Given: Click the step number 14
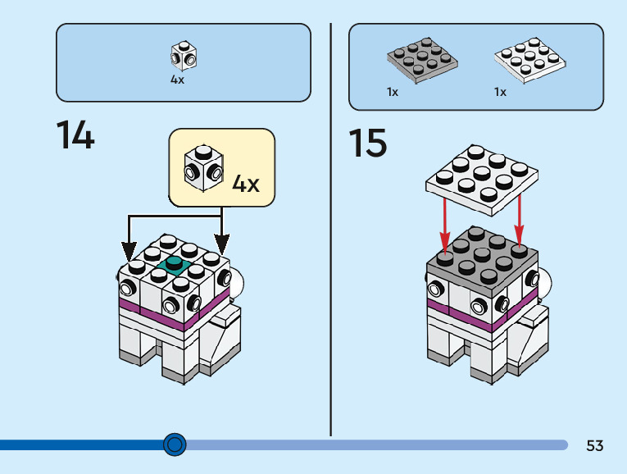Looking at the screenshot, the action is tap(75, 134).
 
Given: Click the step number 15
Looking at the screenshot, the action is tap(368, 143).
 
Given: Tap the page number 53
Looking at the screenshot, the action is tap(594, 445).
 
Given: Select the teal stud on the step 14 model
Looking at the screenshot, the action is tap(174, 265).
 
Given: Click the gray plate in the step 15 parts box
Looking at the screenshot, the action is tap(422, 61).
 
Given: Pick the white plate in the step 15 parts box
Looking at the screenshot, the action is tap(529, 61).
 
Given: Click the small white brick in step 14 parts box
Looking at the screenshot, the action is tap(184, 56).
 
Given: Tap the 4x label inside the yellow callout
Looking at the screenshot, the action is tap(246, 184).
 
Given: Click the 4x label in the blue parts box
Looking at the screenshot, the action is tap(177, 80).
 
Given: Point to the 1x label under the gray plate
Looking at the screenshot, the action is tap(393, 93).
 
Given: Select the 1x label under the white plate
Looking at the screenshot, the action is tap(500, 93).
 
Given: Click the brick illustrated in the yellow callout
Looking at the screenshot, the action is tap(203, 168).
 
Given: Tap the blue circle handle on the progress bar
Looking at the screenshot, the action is tap(175, 444).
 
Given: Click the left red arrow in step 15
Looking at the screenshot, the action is tap(445, 223).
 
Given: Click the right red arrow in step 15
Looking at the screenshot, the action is tap(519, 220).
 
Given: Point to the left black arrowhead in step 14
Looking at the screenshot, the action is tap(129, 252).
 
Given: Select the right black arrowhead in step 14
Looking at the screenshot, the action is tap(222, 245).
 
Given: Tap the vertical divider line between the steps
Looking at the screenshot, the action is tap(330, 230).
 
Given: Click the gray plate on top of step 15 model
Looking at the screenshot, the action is tap(482, 260).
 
